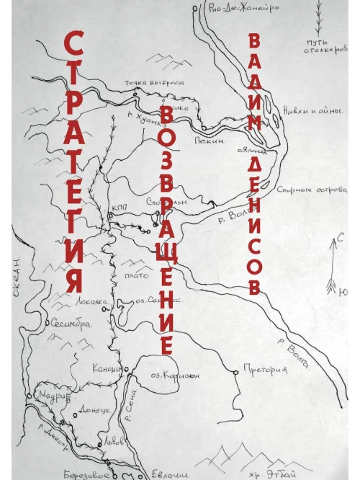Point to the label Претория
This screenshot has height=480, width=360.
coord(266,370)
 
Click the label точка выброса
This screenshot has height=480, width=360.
coord(153,83)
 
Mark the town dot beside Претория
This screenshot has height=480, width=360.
coord(235,371)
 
